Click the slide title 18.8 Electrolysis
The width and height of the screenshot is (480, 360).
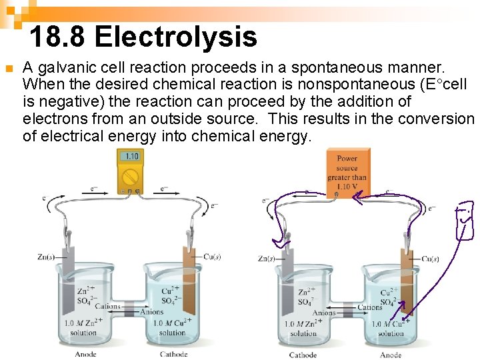[143, 37]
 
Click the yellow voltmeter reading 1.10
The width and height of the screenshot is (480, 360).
[131, 157]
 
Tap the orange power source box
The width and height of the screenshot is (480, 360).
[347, 172]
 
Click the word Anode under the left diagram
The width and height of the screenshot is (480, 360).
[85, 354]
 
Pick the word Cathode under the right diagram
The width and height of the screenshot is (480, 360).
[303, 355]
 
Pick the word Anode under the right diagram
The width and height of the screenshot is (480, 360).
[391, 355]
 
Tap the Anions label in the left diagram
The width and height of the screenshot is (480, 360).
[151, 311]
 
